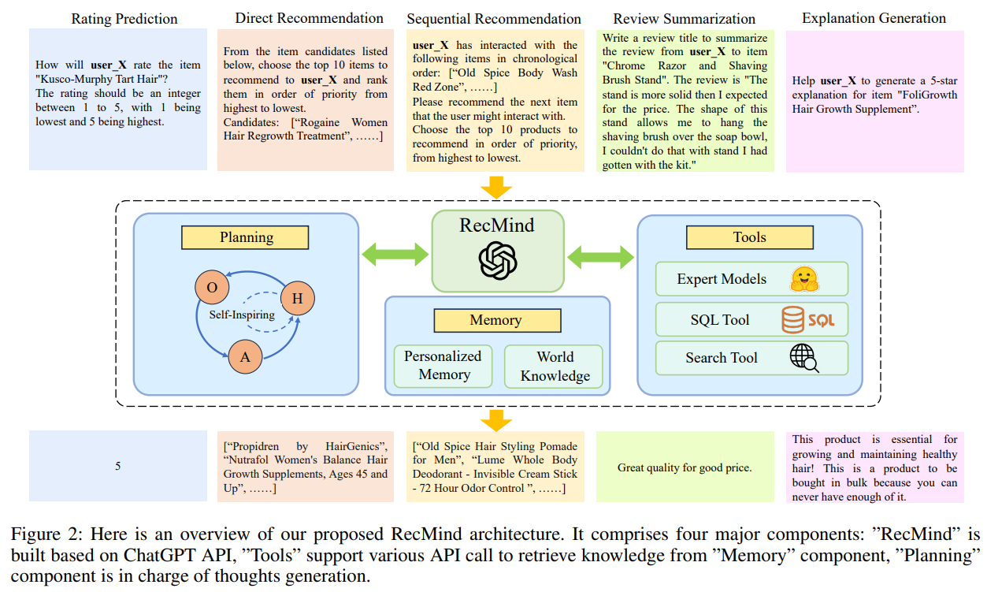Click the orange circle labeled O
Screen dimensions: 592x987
[212, 288]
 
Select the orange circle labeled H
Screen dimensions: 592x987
[298, 298]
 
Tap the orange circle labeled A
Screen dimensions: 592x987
[246, 357]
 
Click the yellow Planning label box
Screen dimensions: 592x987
[246, 237]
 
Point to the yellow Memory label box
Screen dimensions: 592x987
[495, 320]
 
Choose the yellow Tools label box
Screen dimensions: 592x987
[749, 237]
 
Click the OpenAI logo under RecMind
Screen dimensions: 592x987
[498, 259]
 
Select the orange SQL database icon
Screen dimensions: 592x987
[808, 320]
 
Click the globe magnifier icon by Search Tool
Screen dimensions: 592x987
[803, 358]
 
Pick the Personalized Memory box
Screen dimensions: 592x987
[443, 366]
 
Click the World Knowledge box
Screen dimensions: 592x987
[555, 366]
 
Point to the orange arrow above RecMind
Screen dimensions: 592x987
[497, 188]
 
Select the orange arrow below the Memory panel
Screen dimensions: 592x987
[497, 418]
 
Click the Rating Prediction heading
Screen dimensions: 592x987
[124, 18]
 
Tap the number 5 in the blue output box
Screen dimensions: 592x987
[118, 467]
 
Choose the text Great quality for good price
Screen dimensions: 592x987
[684, 467]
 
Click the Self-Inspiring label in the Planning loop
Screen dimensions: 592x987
[242, 315]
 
